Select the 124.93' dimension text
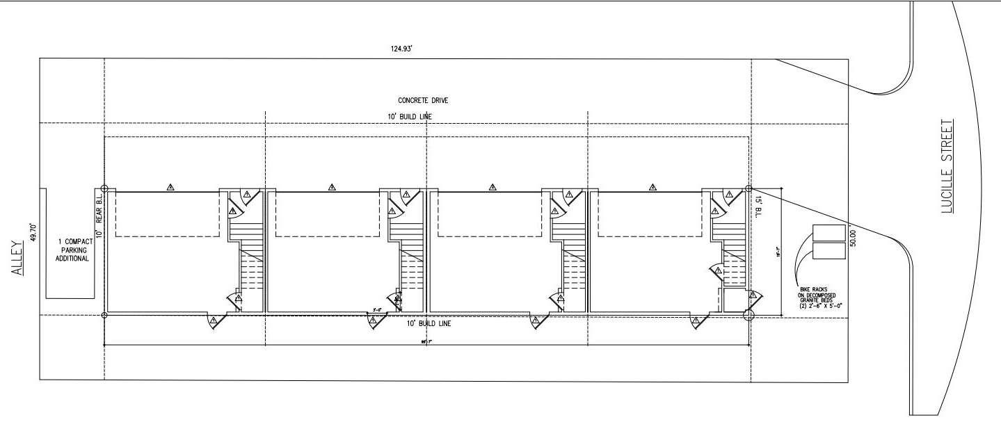[x=403, y=49]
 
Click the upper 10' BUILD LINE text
[x=410, y=116]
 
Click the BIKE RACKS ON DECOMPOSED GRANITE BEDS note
[x=822, y=295]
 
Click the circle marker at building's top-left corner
[x=104, y=188]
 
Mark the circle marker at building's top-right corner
[x=749, y=188]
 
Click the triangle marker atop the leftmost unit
[x=170, y=187]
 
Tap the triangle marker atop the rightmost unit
[x=652, y=187]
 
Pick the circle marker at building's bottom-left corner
[x=104, y=316]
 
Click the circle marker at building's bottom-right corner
[x=748, y=316]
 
